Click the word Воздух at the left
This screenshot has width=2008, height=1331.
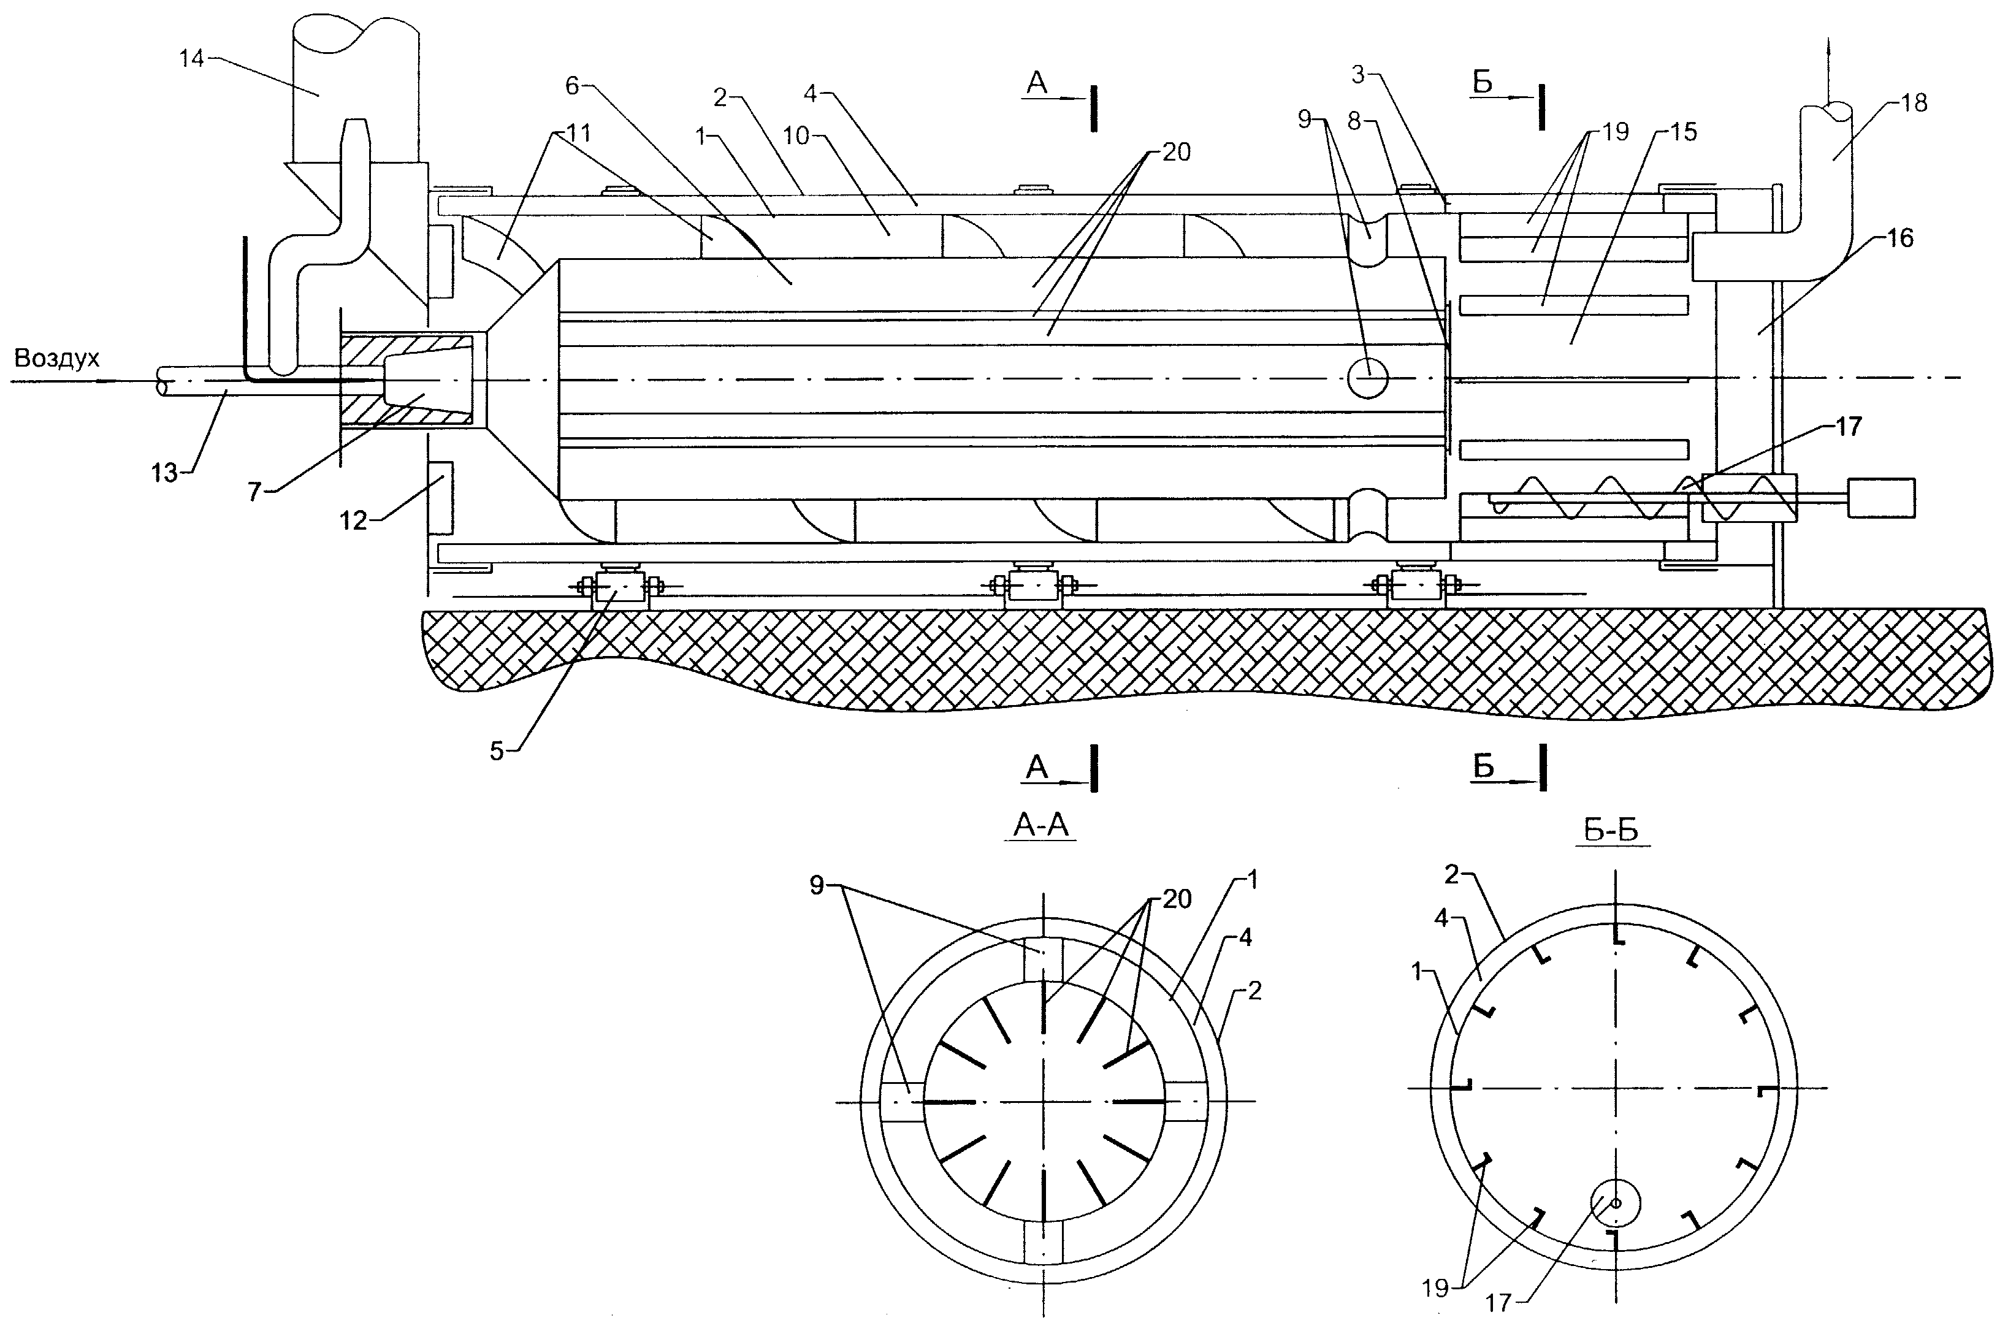(x=57, y=359)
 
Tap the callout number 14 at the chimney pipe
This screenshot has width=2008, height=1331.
(x=193, y=59)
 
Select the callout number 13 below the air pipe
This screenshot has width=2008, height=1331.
(x=165, y=473)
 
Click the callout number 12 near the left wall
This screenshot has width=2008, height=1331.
(x=354, y=521)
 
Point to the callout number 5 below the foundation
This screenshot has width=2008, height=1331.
(x=497, y=750)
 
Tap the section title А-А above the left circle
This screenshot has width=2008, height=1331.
(x=1041, y=826)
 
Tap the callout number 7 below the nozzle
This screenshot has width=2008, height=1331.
(x=254, y=492)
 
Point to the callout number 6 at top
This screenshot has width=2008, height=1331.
(x=571, y=85)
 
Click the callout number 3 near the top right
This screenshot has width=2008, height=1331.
(x=1358, y=75)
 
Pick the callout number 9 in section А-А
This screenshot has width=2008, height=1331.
(x=817, y=886)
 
